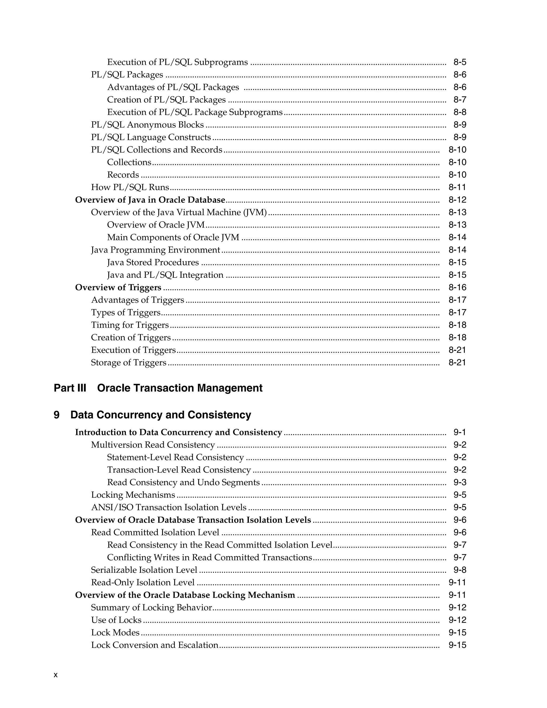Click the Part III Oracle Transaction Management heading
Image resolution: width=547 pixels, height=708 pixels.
[x=158, y=388]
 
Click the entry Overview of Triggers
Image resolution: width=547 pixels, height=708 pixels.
[x=118, y=287]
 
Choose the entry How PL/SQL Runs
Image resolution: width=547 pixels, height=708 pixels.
[x=130, y=187]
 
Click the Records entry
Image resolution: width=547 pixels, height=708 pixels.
[x=123, y=175]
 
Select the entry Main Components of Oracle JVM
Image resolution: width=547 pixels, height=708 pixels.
[x=173, y=238]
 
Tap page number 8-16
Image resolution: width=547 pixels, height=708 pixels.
[x=457, y=287]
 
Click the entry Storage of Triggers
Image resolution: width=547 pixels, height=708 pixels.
[x=129, y=363]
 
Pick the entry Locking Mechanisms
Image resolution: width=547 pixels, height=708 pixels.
[x=133, y=495]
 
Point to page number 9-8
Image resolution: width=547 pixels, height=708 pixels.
[x=459, y=570]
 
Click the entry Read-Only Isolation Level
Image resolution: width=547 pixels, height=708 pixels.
[x=143, y=582]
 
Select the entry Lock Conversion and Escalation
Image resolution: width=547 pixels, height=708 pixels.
[x=155, y=645]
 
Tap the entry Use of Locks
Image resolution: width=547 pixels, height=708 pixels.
[x=116, y=620]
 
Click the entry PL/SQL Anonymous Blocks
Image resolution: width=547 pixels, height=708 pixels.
[x=147, y=125]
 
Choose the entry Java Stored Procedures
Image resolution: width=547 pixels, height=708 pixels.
[x=153, y=263]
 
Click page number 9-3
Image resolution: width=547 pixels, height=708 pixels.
[x=459, y=482]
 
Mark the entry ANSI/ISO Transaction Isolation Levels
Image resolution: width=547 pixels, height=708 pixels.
[x=169, y=507]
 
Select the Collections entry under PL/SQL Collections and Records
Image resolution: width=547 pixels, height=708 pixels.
[x=129, y=162]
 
